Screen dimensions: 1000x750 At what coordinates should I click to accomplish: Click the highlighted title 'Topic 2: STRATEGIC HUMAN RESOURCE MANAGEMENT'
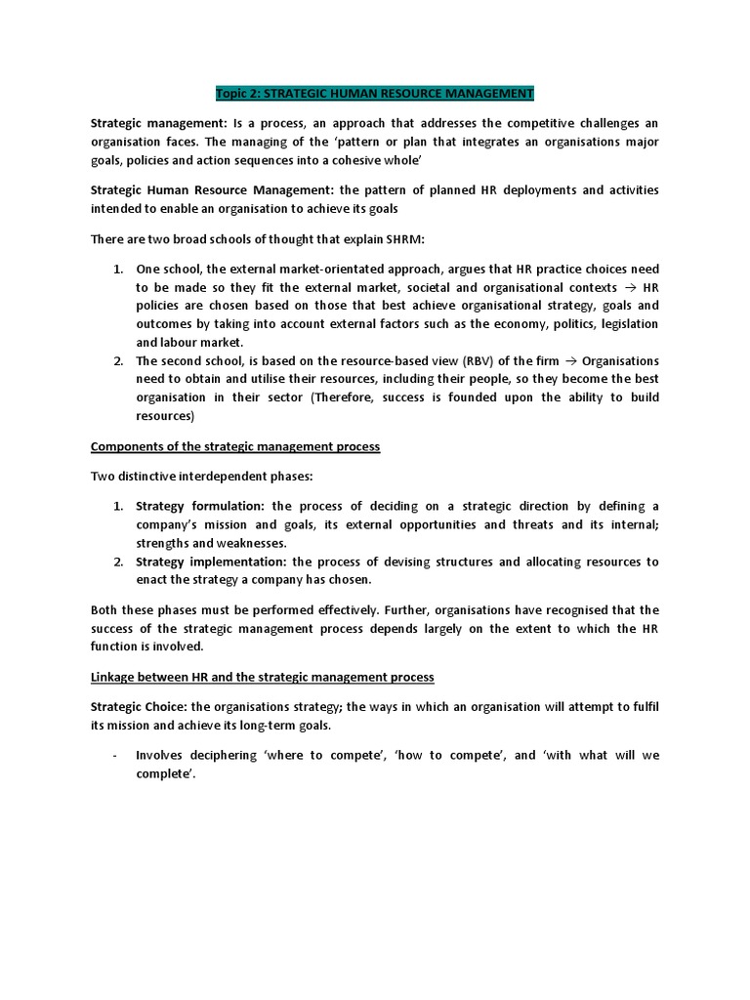[375, 94]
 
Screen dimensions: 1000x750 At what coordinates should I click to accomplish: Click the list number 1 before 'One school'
[117, 270]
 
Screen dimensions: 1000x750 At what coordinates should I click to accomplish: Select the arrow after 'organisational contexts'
[630, 288]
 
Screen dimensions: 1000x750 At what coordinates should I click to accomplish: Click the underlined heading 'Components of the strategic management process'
[234, 446]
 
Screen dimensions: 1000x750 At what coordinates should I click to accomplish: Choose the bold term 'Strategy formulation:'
[201, 506]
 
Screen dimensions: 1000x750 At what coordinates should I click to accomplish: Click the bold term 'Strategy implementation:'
[211, 562]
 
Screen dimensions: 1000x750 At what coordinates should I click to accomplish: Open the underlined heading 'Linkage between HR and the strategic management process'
[262, 677]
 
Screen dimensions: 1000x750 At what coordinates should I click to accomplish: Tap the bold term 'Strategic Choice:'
[136, 707]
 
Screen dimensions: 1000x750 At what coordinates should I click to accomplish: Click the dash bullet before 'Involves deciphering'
[116, 756]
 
